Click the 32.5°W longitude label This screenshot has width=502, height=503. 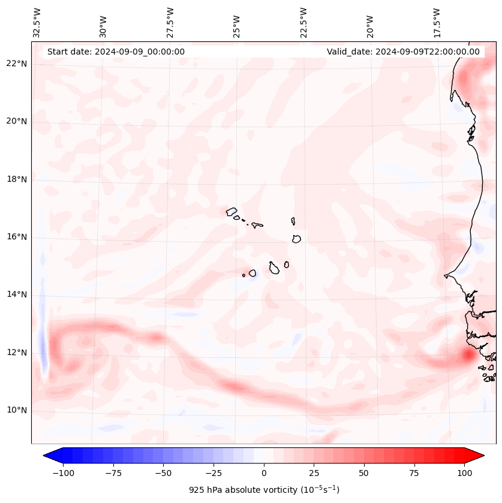pyautogui.click(x=37, y=23)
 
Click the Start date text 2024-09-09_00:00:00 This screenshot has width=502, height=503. pyautogui.click(x=116, y=52)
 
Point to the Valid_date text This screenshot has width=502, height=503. pyautogui.click(x=403, y=52)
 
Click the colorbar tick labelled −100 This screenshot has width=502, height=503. pyautogui.click(x=63, y=473)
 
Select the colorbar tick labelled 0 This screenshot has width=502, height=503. pyautogui.click(x=263, y=473)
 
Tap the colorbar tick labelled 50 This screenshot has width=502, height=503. pyautogui.click(x=363, y=473)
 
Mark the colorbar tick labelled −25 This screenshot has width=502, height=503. pyautogui.click(x=214, y=473)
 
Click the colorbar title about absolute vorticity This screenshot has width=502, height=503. pyautogui.click(x=264, y=490)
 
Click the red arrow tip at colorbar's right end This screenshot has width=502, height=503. pyautogui.click(x=478, y=456)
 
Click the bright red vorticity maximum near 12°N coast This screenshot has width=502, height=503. pyautogui.click(x=468, y=355)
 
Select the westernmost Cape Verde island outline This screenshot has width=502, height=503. pyautogui.click(x=232, y=211)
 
